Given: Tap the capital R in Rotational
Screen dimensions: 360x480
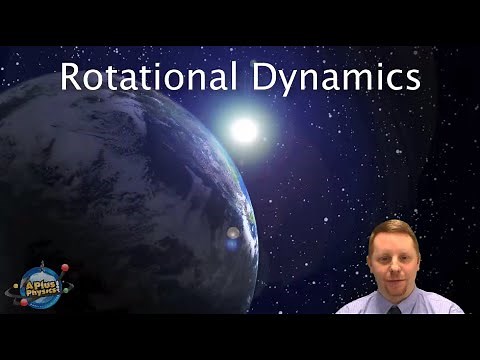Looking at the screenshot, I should (70, 76).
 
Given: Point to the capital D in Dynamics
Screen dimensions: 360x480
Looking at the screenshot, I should (263, 76).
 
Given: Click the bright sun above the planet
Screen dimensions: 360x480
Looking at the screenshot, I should (244, 129).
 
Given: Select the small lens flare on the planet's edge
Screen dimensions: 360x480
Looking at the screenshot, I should (232, 233).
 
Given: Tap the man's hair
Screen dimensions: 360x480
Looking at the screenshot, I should (393, 228).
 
